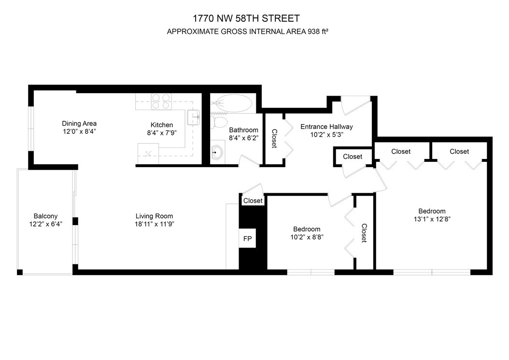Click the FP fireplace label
pyautogui.click(x=247, y=239)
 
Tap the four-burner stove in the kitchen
pyautogui.click(x=161, y=101)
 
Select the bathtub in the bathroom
pyautogui.click(x=231, y=103)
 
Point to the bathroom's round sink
pyautogui.click(x=216, y=151)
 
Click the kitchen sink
pyautogui.click(x=194, y=117)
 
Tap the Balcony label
pyautogui.click(x=45, y=216)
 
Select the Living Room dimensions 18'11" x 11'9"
pyautogui.click(x=155, y=224)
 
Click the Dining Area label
pyautogui.click(x=79, y=124)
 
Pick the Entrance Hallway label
pyautogui.click(x=326, y=127)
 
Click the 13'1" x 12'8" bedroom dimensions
pyautogui.click(x=432, y=219)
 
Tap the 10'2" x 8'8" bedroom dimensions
pyautogui.click(x=307, y=237)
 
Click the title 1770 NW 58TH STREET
pyautogui.click(x=246, y=18)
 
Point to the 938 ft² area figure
pyautogui.click(x=318, y=31)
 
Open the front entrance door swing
pyautogui.click(x=356, y=105)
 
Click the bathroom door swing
pyautogui.click(x=250, y=161)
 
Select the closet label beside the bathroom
pyautogui.click(x=274, y=139)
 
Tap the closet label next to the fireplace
pyautogui.click(x=253, y=201)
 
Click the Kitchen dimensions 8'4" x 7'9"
pyautogui.click(x=162, y=133)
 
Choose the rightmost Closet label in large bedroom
pyautogui.click(x=459, y=151)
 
